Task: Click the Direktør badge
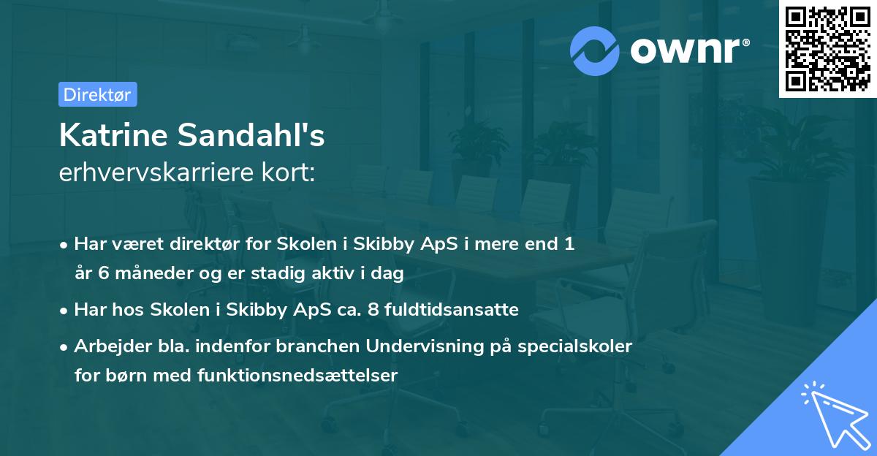coord(97,94)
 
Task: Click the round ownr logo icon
coord(595,50)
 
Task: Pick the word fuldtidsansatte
coord(449,310)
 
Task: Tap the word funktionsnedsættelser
coord(297,376)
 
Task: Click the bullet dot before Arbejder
coord(65,347)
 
